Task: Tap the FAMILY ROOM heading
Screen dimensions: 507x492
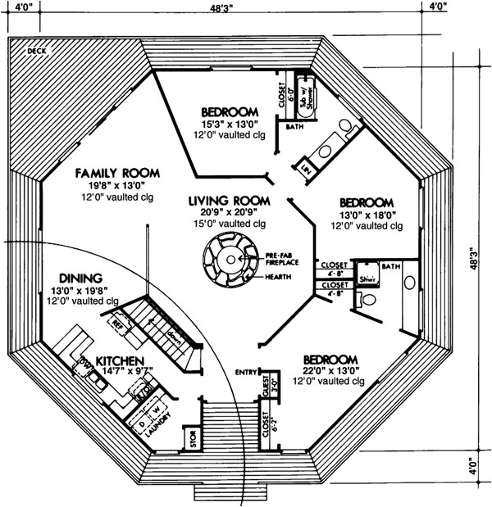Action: [116, 174]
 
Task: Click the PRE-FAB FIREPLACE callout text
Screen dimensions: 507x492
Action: [282, 261]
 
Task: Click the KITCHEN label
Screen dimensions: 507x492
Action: [121, 361]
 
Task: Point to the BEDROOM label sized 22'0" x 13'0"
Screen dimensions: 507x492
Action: [330, 360]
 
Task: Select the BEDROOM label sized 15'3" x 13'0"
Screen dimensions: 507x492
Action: [230, 111]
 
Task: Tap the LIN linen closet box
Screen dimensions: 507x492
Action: [306, 169]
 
